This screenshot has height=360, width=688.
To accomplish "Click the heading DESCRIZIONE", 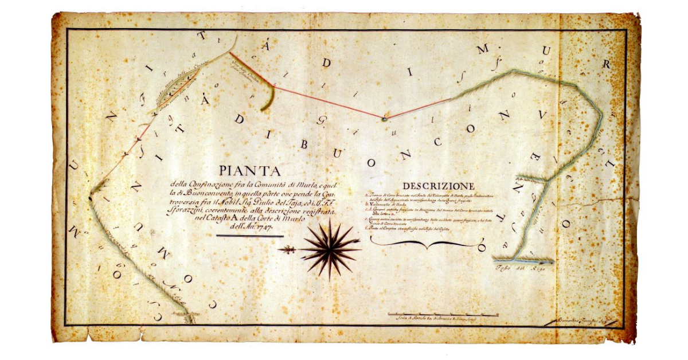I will point(439,186).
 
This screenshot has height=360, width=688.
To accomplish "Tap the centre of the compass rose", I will point(330,249).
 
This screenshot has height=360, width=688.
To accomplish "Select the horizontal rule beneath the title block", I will point(250,235).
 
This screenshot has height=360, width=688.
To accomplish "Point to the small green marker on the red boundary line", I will point(385,119).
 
